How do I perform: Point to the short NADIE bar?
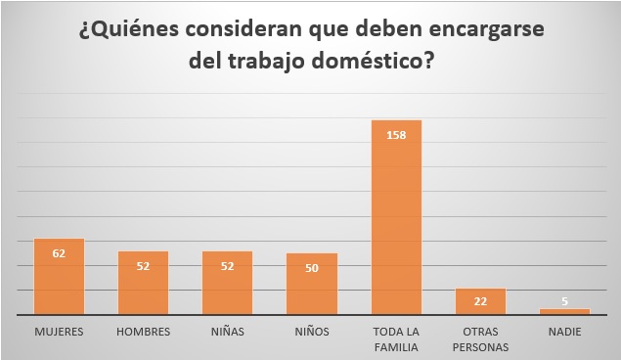pos(564,312)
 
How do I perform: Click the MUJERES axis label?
pos(59,332)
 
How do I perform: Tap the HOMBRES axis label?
pos(143,332)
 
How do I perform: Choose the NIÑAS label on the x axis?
pos(227,332)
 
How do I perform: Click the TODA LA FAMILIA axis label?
pos(396,338)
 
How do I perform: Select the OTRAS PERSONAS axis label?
pos(480,338)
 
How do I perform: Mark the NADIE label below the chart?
pos(564,332)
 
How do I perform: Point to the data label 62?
pos(59,253)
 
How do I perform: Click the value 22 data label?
pos(480,301)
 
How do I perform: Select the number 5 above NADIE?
pos(564,301)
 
